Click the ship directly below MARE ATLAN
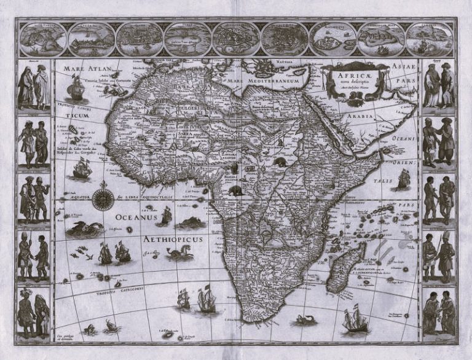pos(76,90)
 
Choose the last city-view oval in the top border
pos(428,39)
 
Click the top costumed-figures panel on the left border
pos(33,86)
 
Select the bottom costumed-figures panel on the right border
pos(438,311)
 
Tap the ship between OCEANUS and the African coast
pos(167,215)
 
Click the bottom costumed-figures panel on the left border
pos(33,311)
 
